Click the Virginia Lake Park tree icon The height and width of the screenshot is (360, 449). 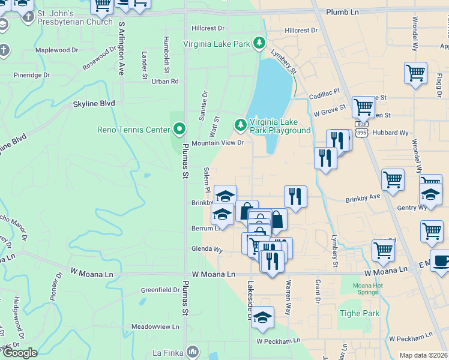tap(259, 43)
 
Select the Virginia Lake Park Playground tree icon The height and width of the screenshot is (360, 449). tap(240, 124)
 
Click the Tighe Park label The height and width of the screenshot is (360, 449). tap(360, 313)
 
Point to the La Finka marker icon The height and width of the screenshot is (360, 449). tap(193, 350)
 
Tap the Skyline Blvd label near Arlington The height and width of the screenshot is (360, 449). tap(94, 103)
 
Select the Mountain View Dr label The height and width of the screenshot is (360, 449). tap(218, 143)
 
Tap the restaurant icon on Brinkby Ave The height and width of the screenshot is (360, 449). tap(295, 196)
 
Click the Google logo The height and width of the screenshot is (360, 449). tap(19, 353)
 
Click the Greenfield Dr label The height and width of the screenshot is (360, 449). tap(160, 290)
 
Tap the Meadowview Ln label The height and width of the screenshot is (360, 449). tap(155, 327)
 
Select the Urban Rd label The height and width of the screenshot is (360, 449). tap(165, 81)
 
